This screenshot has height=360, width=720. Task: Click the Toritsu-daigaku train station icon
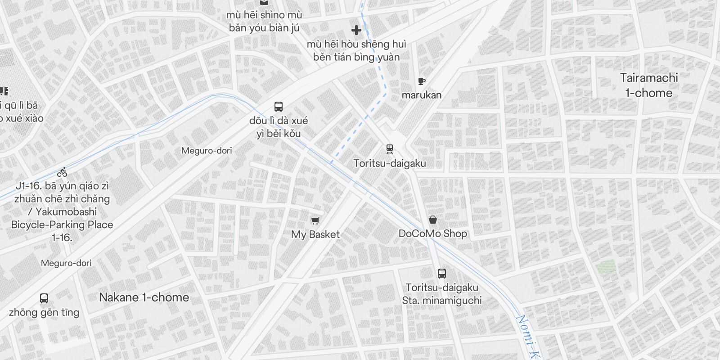click(x=390, y=149)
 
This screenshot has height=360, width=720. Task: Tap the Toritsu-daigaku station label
click(x=390, y=163)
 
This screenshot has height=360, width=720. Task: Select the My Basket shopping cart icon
click(x=315, y=220)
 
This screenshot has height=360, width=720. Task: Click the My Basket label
click(x=315, y=234)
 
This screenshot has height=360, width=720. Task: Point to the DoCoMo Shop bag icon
click(x=432, y=220)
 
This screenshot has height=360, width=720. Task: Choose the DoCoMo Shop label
click(x=433, y=234)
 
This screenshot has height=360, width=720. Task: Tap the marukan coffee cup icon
click(x=421, y=81)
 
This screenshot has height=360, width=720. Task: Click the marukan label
click(x=422, y=95)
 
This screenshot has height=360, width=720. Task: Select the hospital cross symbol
click(x=356, y=30)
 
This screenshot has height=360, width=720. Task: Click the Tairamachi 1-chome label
click(x=649, y=85)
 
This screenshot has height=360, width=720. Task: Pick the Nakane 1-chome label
click(x=144, y=297)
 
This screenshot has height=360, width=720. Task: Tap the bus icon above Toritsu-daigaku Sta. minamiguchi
click(x=442, y=273)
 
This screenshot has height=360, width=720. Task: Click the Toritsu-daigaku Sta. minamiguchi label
click(x=442, y=294)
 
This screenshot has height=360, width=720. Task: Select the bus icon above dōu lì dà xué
click(x=279, y=107)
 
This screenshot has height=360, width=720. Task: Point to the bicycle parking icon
click(x=63, y=172)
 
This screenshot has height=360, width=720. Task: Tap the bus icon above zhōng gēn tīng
click(x=44, y=298)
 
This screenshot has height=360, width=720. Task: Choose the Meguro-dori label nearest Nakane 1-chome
click(x=66, y=263)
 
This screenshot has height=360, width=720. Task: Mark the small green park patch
click(x=605, y=267)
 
